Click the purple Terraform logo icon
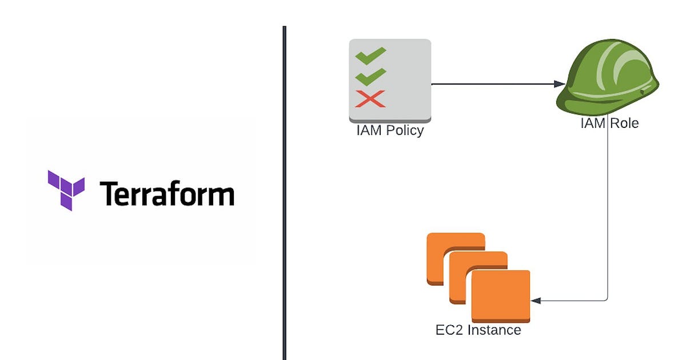click(66, 190)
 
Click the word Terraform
click(167, 194)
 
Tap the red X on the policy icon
click(370, 99)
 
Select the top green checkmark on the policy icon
click(370, 56)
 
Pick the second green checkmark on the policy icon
click(370, 77)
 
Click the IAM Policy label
click(390, 130)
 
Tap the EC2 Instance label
click(478, 330)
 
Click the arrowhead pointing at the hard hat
click(560, 84)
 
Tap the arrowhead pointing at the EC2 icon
click(536, 300)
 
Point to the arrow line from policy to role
click(492, 84)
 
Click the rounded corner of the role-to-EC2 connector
click(605, 298)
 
